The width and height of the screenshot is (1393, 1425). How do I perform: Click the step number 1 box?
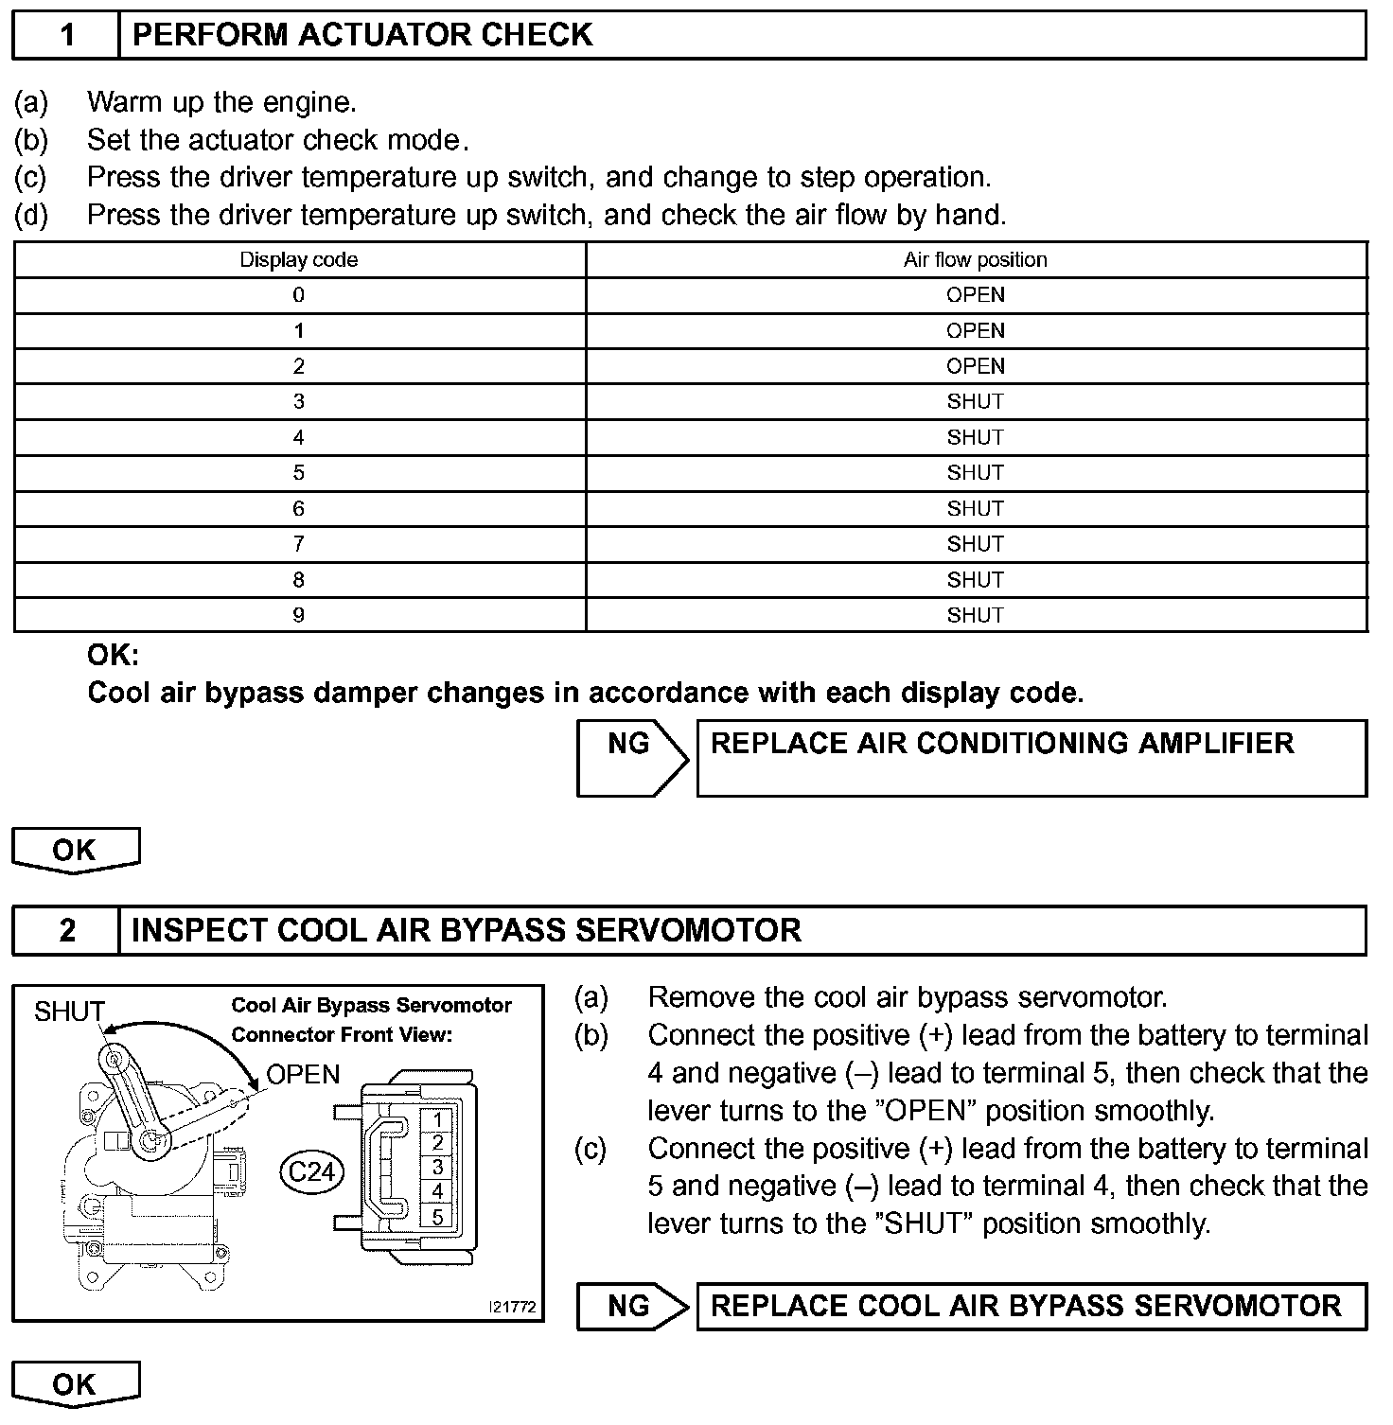(66, 35)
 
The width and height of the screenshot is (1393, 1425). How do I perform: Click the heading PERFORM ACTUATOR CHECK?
(362, 35)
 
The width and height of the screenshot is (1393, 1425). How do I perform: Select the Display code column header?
(299, 260)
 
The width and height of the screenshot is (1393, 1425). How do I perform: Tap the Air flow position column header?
(975, 260)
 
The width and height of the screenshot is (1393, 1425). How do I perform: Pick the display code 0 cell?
(299, 295)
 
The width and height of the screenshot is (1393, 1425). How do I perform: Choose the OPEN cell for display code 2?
(975, 366)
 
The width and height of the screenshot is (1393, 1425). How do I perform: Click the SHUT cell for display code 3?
(975, 402)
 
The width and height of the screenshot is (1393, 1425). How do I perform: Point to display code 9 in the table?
(299, 616)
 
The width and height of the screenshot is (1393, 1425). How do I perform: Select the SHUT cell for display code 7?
(975, 544)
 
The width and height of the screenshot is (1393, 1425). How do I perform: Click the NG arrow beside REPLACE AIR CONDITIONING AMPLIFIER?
(630, 757)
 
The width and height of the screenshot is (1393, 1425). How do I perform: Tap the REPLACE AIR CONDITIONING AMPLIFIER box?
(1031, 757)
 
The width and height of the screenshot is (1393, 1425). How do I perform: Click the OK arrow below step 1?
(75, 850)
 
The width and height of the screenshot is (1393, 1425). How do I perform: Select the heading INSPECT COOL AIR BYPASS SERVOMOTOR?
(466, 931)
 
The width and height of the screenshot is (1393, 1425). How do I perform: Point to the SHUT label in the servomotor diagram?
(68, 1012)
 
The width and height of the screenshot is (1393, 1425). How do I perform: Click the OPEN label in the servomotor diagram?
(303, 1075)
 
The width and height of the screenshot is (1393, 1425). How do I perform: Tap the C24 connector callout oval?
(310, 1172)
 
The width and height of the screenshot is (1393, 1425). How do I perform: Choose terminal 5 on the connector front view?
(437, 1217)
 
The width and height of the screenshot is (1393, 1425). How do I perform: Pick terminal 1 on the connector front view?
(437, 1119)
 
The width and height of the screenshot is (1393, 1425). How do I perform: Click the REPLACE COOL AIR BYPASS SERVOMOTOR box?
(1031, 1307)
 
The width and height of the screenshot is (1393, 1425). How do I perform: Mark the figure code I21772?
(512, 1307)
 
